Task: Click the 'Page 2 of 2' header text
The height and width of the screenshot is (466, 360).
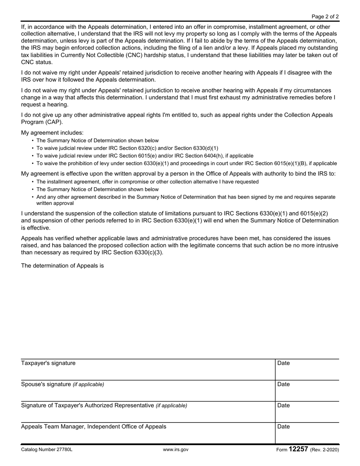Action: tap(325, 17)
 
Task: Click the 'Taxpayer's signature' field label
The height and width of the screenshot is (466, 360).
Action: tap(48, 363)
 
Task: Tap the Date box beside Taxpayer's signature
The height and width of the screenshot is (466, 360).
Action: tap(307, 369)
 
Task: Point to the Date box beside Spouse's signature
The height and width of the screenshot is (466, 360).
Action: tap(307, 390)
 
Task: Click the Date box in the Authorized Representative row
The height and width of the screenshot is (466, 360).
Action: tap(307, 411)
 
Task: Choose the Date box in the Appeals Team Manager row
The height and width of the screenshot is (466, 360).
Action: tap(307, 433)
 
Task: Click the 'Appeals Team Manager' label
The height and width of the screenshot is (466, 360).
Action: tap(93, 427)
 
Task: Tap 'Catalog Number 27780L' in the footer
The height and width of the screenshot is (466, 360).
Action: tap(47, 450)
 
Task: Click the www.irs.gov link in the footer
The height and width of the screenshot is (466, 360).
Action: tap(175, 450)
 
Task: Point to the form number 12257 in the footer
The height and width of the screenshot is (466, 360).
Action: tap(298, 449)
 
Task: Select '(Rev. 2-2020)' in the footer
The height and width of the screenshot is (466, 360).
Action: tap(324, 450)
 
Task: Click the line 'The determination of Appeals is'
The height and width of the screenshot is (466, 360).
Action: tap(62, 266)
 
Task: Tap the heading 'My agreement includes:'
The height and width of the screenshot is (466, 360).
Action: tap(52, 133)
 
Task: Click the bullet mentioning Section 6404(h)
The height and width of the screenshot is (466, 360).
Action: tap(145, 156)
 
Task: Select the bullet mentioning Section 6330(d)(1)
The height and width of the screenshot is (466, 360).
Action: tap(127, 148)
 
